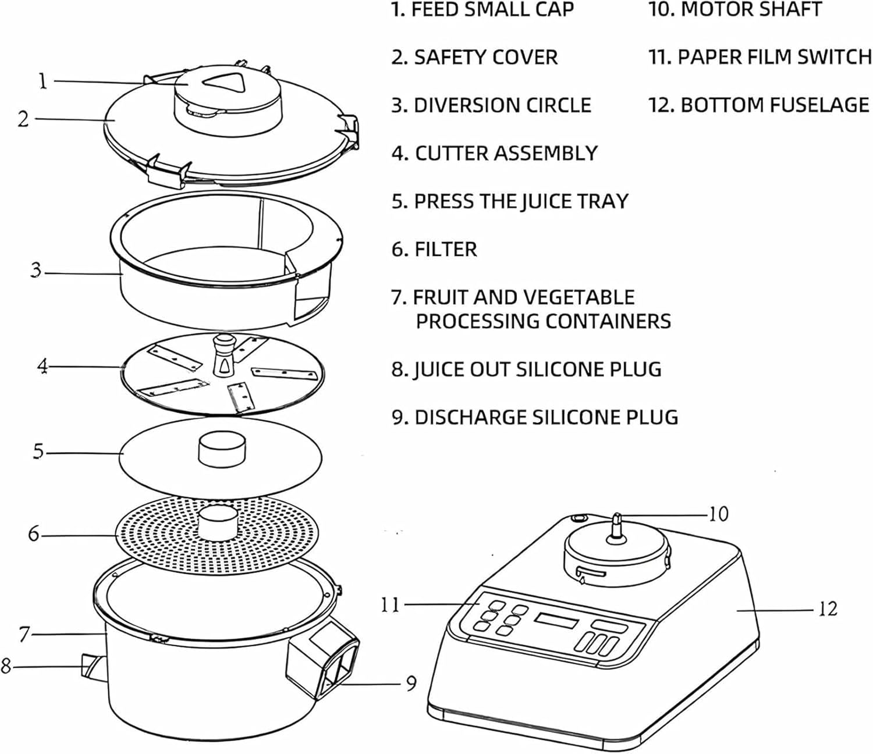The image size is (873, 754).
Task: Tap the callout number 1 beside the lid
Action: [42, 81]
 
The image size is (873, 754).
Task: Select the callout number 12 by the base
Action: [828, 609]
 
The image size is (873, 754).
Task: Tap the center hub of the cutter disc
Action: [222, 355]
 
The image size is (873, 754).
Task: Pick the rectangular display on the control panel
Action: [556, 621]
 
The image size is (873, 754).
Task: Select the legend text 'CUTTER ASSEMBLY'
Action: [495, 153]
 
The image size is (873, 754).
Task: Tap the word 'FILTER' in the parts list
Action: [445, 250]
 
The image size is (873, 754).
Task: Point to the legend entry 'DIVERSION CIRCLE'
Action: [492, 105]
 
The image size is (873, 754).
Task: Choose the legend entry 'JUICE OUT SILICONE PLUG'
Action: [527, 369]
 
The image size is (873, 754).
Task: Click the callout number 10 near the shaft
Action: [718, 514]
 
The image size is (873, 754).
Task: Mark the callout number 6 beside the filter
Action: [34, 534]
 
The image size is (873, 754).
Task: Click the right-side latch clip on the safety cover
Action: [349, 129]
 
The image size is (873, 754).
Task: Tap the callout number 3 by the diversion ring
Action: [37, 271]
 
